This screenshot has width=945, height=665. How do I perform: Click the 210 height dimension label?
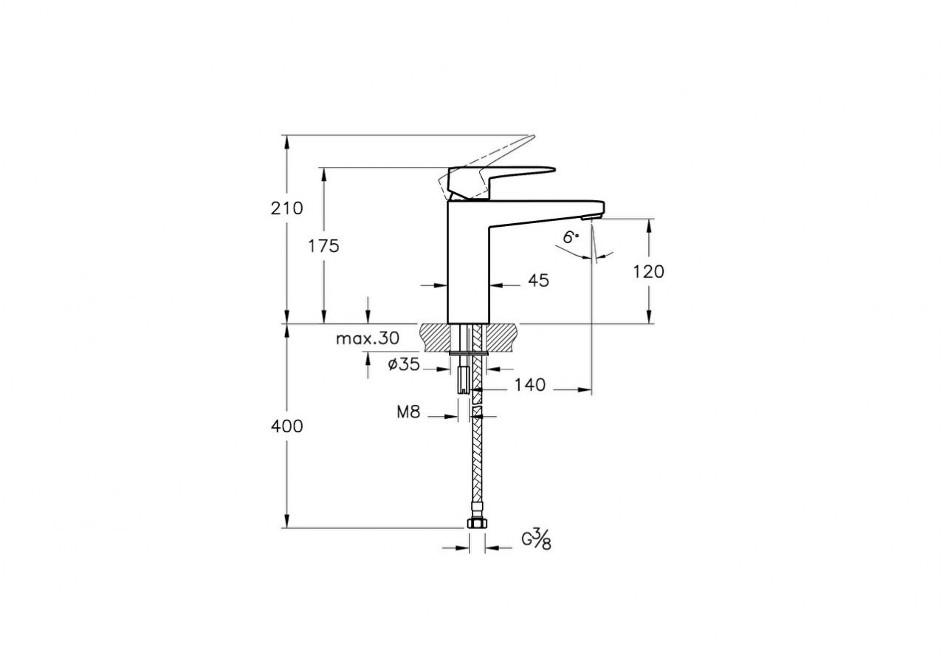pyautogui.click(x=287, y=208)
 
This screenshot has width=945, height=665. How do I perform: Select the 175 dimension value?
pyautogui.click(x=323, y=246)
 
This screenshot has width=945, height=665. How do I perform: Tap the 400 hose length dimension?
pyautogui.click(x=287, y=426)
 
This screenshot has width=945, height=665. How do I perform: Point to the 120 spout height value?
pyautogui.click(x=649, y=271)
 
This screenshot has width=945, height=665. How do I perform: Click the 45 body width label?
pyautogui.click(x=539, y=281)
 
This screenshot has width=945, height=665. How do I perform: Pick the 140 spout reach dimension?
pyautogui.click(x=530, y=385)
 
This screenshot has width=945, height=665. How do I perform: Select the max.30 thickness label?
pyautogui.click(x=367, y=338)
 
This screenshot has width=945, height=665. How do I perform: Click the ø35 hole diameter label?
pyautogui.click(x=403, y=364)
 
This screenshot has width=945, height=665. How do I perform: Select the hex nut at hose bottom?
pyautogui.click(x=477, y=524)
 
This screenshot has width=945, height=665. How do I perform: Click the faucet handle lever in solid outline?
pyautogui.click(x=509, y=174)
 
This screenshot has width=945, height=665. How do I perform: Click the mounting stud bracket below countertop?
pyautogui.click(x=463, y=379)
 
